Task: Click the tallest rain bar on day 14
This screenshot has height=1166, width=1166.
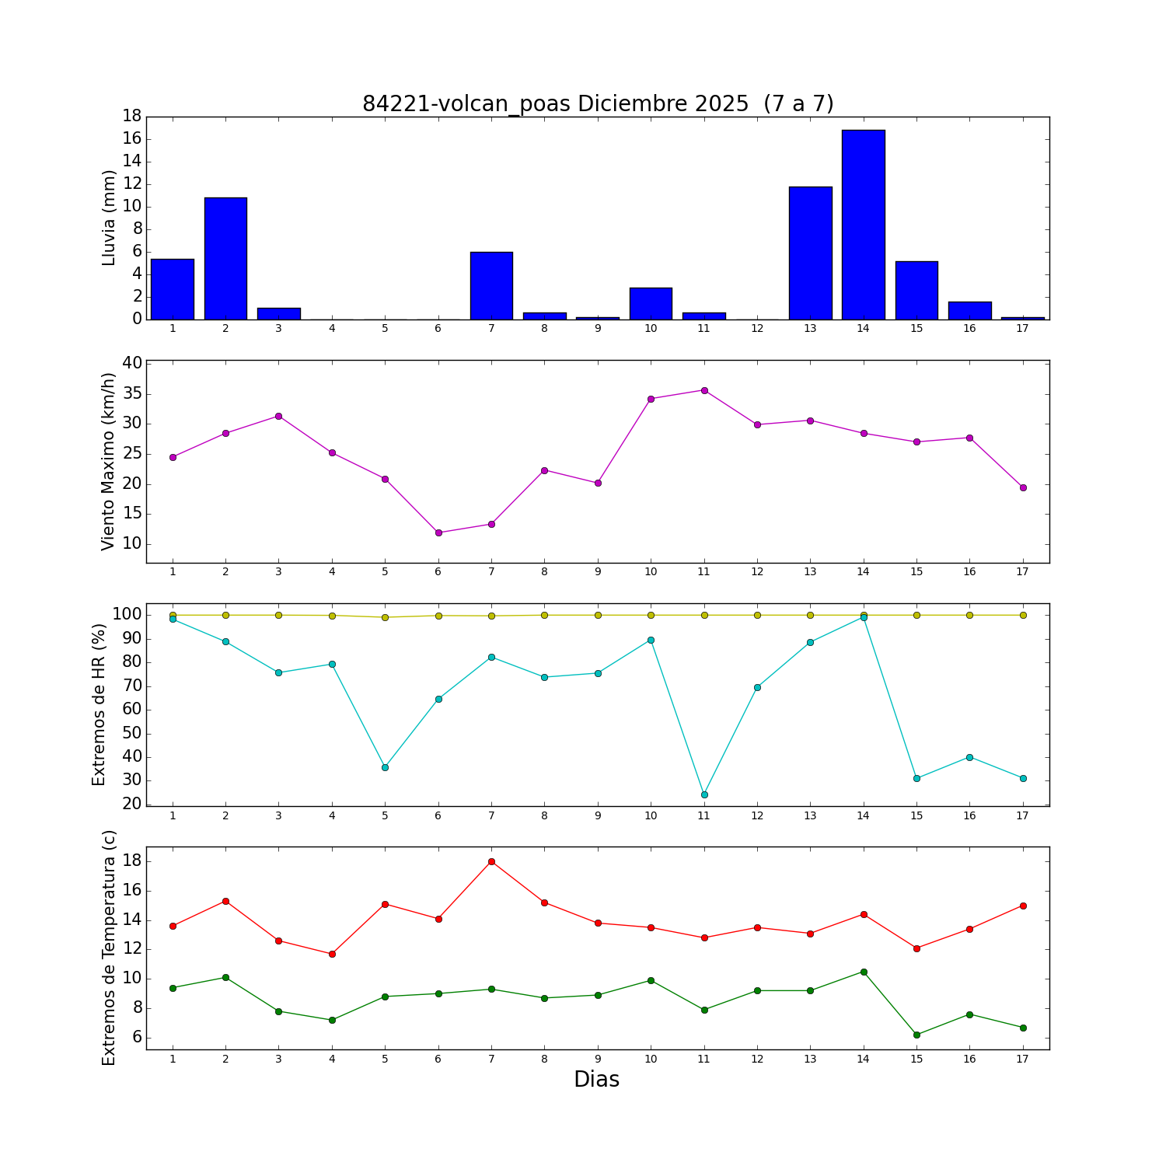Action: coord(863,225)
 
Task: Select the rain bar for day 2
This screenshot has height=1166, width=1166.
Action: coord(225,258)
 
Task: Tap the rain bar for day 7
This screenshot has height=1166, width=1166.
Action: coord(491,285)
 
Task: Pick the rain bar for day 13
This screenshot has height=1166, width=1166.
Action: coord(810,253)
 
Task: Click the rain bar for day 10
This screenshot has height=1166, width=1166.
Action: coord(651,303)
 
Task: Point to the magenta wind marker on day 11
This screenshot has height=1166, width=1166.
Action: coord(704,390)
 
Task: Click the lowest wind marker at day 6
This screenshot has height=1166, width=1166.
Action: coord(438,532)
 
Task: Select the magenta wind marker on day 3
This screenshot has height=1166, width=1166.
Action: coord(278,416)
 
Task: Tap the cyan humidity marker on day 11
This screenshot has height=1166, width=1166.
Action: coord(704,794)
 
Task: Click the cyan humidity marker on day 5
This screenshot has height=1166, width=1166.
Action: coord(385,767)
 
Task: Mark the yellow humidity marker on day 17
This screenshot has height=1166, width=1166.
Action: coord(1023,615)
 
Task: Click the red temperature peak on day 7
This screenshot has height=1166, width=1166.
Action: coord(491,861)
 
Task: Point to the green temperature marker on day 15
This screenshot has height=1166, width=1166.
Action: coord(916,1035)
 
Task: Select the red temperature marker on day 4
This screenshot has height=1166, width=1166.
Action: coord(332,954)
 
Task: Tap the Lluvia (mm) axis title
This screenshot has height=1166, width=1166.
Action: coord(109,218)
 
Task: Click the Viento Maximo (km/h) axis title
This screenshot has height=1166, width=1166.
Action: coord(109,462)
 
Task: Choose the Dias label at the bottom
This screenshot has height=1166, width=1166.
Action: coord(596,1080)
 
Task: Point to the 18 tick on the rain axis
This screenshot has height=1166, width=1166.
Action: coord(131,117)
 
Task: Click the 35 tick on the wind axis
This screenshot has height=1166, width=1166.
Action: coord(132,394)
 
